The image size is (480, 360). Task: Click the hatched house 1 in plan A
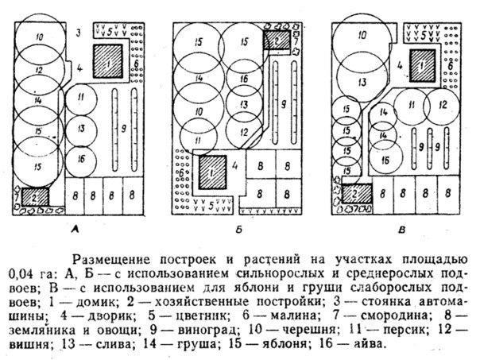105,60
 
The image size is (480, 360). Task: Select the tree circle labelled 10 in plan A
39,37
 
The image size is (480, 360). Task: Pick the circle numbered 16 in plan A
81,159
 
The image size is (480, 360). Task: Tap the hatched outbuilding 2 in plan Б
276,40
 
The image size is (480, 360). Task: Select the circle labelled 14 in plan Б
199,78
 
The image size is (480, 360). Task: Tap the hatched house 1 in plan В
424,60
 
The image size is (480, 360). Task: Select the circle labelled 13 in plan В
362,82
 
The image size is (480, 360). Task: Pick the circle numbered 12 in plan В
442,104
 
